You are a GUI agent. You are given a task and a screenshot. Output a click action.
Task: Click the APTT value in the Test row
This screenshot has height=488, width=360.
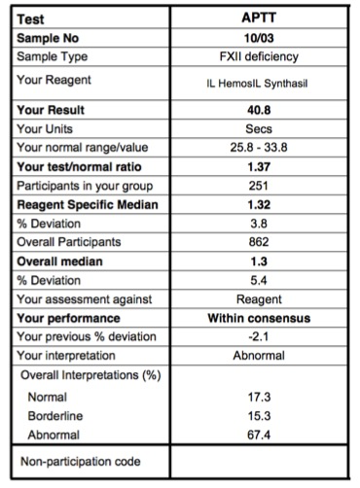pos(259,17)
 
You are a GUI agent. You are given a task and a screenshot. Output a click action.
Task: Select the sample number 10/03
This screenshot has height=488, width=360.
pos(259,37)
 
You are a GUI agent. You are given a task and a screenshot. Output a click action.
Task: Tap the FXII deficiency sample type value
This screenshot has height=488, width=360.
pos(259,56)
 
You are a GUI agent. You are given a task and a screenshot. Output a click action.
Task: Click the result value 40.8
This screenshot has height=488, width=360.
pos(259,110)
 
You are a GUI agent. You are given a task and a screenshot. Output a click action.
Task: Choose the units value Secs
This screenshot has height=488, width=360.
pos(259,128)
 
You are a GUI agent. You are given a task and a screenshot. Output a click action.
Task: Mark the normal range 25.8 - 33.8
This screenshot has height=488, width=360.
pos(259,147)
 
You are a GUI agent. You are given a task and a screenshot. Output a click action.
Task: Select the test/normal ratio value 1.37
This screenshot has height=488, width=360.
pos(259,166)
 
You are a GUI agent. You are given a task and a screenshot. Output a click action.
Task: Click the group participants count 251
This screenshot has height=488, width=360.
pos(259,185)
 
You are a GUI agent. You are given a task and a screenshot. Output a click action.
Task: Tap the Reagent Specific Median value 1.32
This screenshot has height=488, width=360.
pos(259,204)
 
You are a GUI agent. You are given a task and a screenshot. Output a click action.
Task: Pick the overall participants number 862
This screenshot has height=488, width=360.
pos(259,242)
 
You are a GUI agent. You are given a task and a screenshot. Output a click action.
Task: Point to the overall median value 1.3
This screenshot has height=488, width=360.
pos(259,261)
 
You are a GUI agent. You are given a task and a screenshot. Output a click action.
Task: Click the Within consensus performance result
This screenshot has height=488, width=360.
pos(259,318)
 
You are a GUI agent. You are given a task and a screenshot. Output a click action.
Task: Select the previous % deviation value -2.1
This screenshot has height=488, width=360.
pos(259,336)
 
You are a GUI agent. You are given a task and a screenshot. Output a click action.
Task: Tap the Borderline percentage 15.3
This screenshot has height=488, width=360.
pos(259,416)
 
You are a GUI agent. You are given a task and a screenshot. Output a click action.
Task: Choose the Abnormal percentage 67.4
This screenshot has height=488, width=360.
pos(259,435)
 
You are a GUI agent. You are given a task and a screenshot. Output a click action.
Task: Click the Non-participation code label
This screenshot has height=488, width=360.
pos(80,461)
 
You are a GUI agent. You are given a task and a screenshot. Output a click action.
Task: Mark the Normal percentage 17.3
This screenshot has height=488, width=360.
pos(259,397)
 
